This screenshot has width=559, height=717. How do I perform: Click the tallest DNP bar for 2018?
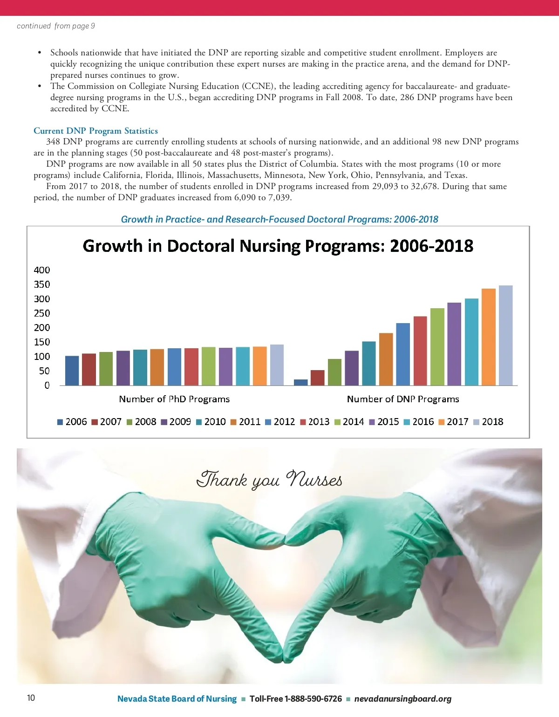(x=505, y=335)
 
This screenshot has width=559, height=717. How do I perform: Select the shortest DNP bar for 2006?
(x=301, y=382)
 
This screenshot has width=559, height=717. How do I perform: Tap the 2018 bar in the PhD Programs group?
(x=277, y=365)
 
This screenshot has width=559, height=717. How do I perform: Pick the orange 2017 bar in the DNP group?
(x=488, y=337)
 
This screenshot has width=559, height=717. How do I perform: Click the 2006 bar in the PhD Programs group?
(x=72, y=371)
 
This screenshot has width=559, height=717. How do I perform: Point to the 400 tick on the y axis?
(x=42, y=270)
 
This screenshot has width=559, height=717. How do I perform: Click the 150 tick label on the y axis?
(x=42, y=342)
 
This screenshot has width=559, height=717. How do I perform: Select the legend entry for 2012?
(x=280, y=422)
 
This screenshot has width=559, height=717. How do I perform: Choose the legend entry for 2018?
(x=488, y=422)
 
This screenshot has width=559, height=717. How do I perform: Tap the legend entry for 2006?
(x=72, y=422)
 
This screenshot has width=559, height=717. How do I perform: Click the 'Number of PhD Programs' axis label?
(x=174, y=399)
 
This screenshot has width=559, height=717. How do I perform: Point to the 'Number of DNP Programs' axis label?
(x=403, y=399)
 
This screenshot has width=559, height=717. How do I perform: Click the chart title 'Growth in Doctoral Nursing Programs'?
(x=278, y=246)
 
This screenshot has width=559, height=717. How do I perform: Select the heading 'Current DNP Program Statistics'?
(x=95, y=131)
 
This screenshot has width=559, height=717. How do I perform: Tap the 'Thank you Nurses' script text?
(x=269, y=480)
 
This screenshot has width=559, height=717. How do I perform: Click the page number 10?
(x=31, y=697)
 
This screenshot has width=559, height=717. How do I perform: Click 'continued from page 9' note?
(x=56, y=26)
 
